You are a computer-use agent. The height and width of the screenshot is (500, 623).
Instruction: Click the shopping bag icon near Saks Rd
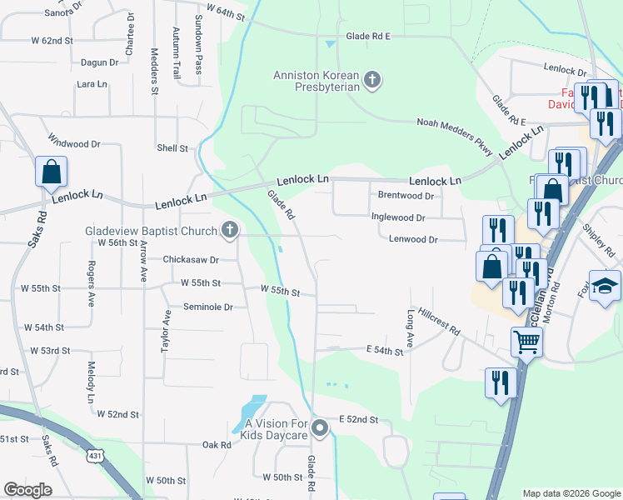click(x=51, y=172)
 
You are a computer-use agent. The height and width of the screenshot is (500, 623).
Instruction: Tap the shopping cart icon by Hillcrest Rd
click(x=526, y=340)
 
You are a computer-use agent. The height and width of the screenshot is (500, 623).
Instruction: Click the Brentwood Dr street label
click(x=406, y=196)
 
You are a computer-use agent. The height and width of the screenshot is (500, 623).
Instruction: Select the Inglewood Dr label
click(x=397, y=217)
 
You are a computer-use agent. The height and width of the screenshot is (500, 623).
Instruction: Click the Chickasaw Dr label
click(x=190, y=260)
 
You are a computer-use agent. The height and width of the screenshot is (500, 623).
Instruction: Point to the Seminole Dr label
click(x=208, y=307)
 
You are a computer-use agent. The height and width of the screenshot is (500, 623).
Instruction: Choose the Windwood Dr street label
click(x=74, y=144)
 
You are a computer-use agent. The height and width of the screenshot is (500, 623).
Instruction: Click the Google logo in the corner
click(x=27, y=490)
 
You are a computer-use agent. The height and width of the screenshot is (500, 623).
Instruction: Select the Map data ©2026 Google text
click(x=571, y=493)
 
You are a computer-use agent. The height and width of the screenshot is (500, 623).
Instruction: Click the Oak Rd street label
click(x=216, y=445)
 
